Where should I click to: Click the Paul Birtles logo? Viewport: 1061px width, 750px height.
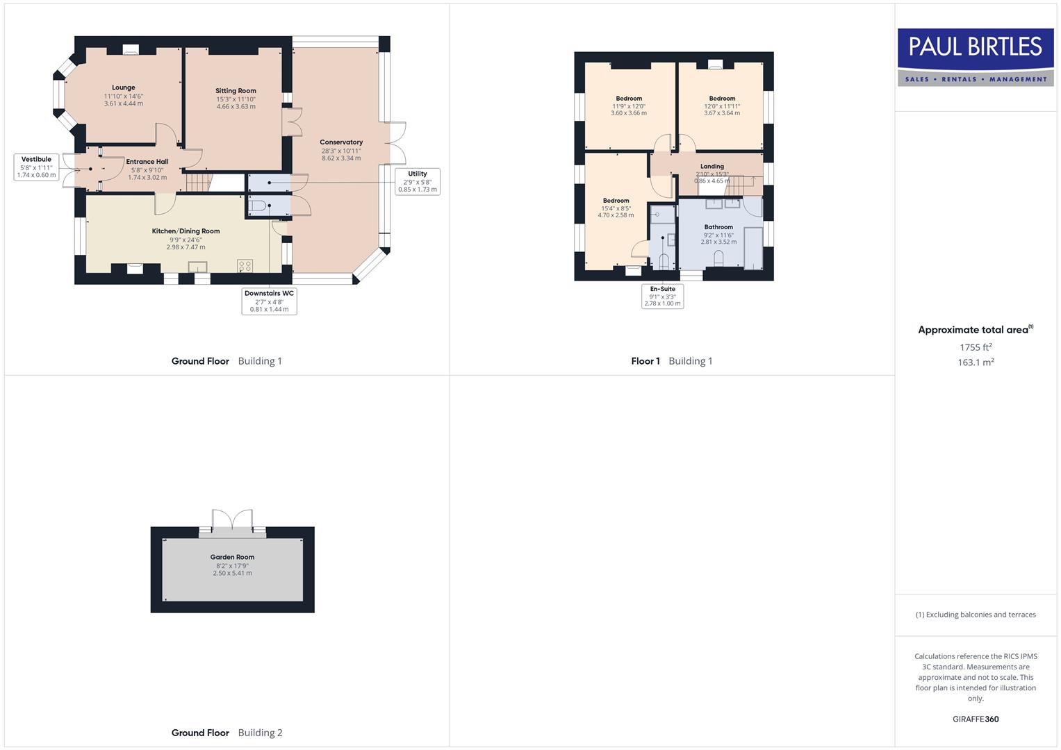[x=975, y=57]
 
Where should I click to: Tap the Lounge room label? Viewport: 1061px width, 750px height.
[x=124, y=88]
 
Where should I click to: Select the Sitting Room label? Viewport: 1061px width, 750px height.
[x=236, y=91]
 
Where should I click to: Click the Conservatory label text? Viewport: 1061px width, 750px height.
[x=341, y=142]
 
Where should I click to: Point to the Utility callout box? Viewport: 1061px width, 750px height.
[x=418, y=181]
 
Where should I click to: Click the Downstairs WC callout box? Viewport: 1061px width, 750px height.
[x=269, y=301]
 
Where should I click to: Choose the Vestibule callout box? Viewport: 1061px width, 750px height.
[x=36, y=167]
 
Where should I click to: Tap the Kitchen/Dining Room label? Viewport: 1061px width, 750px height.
[x=186, y=231]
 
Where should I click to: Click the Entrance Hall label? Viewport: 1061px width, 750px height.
[x=147, y=162]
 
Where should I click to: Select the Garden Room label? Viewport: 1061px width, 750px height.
[x=232, y=557]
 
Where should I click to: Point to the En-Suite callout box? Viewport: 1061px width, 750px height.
[x=662, y=296]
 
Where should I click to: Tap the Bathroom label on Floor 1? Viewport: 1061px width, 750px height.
[x=718, y=227]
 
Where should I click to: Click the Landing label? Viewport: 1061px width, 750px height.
[x=712, y=167]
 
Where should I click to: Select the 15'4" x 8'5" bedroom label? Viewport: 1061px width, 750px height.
[x=616, y=201]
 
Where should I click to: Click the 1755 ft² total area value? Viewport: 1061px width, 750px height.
[x=976, y=347]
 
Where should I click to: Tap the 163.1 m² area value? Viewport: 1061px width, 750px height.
[x=976, y=362]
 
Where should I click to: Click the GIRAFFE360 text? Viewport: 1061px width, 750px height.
[x=976, y=719]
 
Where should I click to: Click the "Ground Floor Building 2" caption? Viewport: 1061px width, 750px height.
[x=227, y=733]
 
